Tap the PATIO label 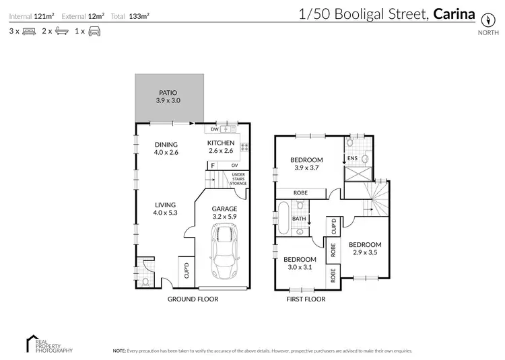pyautogui.click(x=168, y=96)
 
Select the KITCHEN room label pyautogui.click(x=220, y=147)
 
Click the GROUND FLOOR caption pyautogui.click(x=189, y=299)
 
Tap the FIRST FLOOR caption pyautogui.click(x=305, y=299)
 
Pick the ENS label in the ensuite pyautogui.click(x=351, y=159)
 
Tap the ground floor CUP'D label pyautogui.click(x=187, y=271)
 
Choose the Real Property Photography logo pyautogui.click(x=47, y=343)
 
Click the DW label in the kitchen pyautogui.click(x=214, y=129)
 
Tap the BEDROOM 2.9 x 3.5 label pyautogui.click(x=364, y=248)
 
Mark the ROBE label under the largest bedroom pyautogui.click(x=301, y=192)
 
